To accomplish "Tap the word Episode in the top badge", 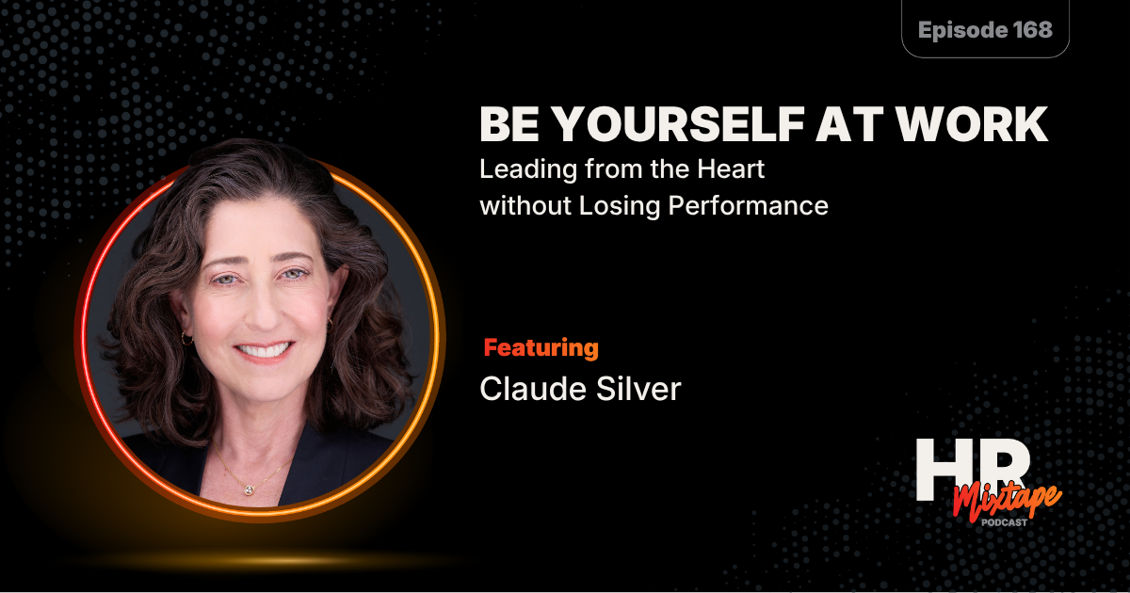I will coord(958,29).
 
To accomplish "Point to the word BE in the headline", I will coord(508,125).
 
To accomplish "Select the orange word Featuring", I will coord(541,348).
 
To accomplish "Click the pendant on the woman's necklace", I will coord(247,489).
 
